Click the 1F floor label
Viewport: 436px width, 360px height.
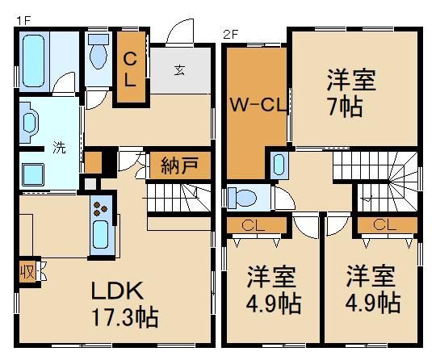(x=23, y=21)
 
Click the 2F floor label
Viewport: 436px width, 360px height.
(x=231, y=35)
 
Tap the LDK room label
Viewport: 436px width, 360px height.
(x=118, y=291)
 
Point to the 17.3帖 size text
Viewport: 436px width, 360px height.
(x=125, y=316)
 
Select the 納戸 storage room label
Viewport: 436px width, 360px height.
(x=179, y=165)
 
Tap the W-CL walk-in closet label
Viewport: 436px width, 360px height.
(x=258, y=105)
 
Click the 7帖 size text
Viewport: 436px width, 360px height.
(x=346, y=107)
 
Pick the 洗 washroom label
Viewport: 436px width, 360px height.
(x=60, y=148)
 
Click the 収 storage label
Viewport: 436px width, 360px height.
(x=27, y=271)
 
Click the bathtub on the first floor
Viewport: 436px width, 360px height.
(x=34, y=61)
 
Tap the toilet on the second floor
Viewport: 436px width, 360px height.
(x=242, y=198)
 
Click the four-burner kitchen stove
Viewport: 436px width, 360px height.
(x=101, y=208)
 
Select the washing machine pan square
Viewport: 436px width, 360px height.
(x=33, y=175)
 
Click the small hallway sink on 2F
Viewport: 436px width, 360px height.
(x=279, y=165)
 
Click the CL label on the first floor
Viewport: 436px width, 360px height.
(x=130, y=69)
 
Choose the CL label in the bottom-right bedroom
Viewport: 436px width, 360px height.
(x=384, y=225)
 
